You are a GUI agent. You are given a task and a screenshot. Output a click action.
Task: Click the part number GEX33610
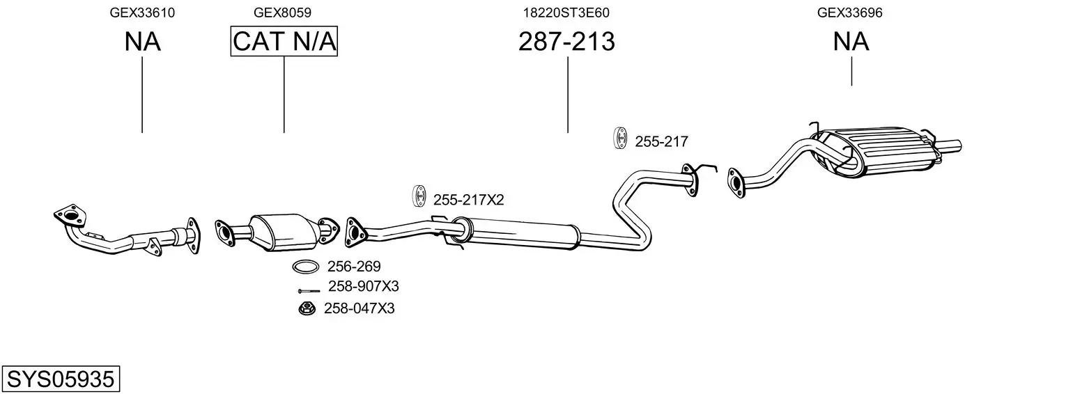pos(142,13)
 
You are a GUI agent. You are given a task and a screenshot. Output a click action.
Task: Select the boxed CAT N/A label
pos(284,41)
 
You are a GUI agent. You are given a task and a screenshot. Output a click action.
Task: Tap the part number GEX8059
pos(282,13)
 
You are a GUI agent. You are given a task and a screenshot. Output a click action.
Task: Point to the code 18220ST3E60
pos(566,13)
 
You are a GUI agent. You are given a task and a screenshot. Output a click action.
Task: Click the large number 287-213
pos(566,41)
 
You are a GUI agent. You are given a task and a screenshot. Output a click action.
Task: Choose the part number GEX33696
pos(849,13)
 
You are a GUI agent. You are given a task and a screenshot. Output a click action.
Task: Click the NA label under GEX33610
pos(142,41)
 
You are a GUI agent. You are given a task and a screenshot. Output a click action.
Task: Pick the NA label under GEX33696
pos(851,41)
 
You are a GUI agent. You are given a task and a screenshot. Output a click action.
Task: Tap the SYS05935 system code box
pos(61,379)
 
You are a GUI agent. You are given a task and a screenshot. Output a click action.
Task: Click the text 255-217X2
pos(468,200)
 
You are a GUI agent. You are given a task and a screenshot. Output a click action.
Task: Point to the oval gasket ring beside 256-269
pos(306,267)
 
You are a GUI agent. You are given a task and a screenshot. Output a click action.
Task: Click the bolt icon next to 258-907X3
pos(309,290)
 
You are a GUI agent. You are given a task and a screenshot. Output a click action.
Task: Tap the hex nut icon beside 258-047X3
pos(307,308)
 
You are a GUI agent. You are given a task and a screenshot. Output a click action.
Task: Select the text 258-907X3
pos(364,286)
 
